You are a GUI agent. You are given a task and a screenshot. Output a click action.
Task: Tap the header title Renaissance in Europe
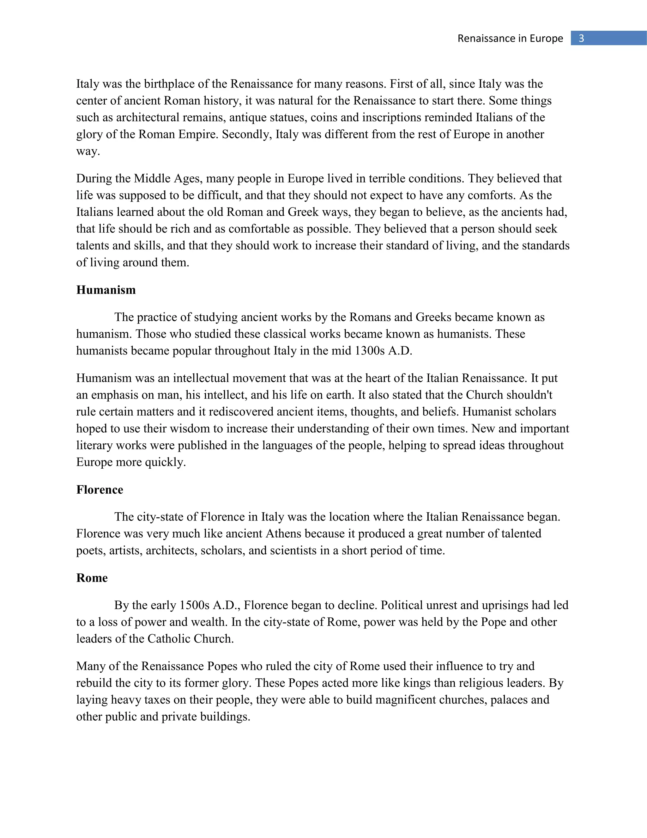[x=510, y=38]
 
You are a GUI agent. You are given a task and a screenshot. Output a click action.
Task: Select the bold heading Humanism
[x=106, y=290]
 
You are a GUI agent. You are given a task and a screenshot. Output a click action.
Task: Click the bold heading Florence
[x=100, y=490]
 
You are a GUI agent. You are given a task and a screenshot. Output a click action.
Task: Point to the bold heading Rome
[x=92, y=578]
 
